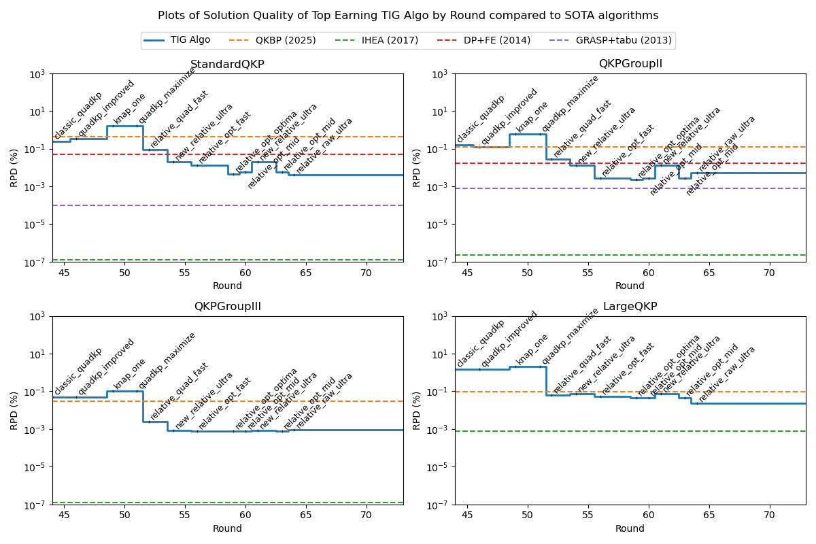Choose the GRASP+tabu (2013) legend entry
click(x=624, y=40)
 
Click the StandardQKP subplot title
click(x=227, y=65)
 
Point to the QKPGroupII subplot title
click(x=630, y=65)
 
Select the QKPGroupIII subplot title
click(x=227, y=307)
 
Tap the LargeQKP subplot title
click(x=630, y=307)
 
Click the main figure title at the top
click(x=408, y=16)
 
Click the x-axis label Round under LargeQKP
click(x=630, y=529)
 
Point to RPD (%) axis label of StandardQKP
click(x=14, y=167)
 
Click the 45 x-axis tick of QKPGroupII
click(x=467, y=273)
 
